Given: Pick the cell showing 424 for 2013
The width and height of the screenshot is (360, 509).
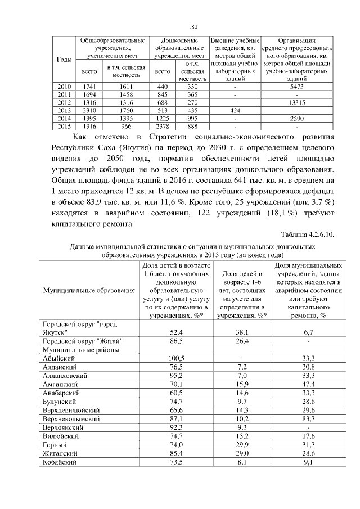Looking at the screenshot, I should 235,111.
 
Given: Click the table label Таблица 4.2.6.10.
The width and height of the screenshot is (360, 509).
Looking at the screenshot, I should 307,235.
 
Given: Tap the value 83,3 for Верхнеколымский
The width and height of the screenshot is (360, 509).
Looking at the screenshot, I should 308,419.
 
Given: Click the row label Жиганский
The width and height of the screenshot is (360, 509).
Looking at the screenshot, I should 61,453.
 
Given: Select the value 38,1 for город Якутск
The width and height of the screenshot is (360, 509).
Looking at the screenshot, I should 241,332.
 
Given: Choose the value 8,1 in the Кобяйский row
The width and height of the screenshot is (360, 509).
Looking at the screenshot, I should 241,462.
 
